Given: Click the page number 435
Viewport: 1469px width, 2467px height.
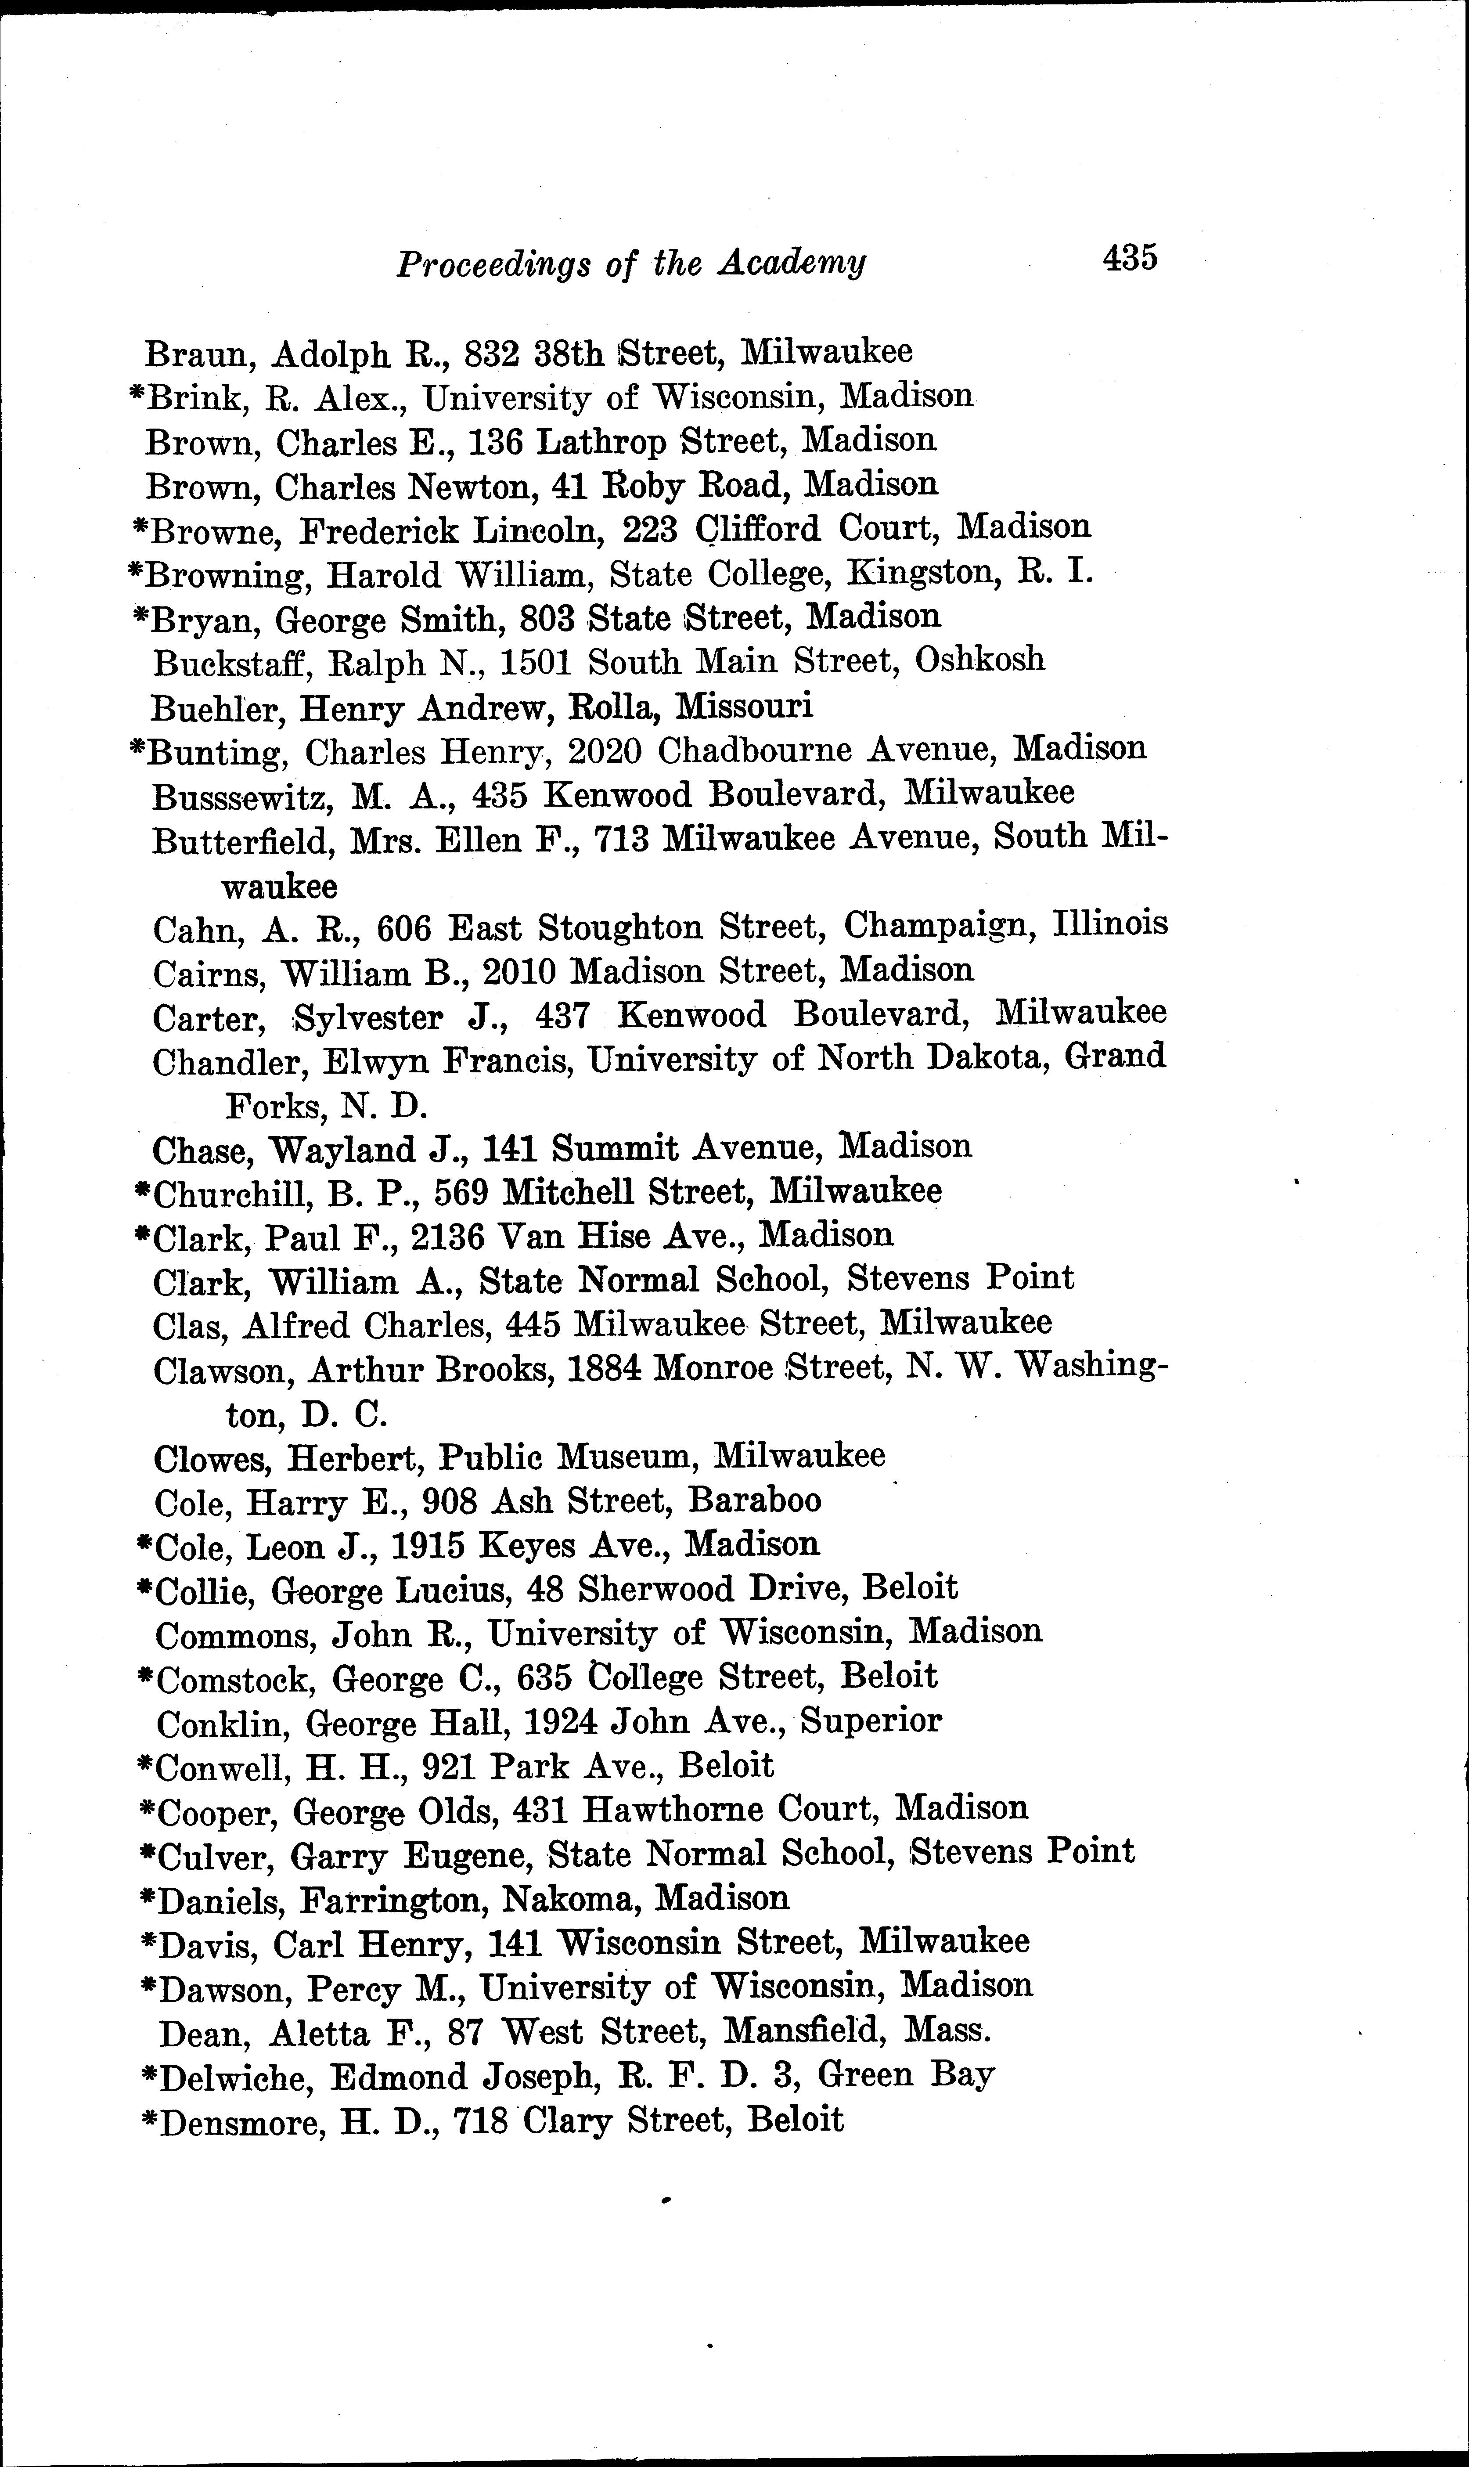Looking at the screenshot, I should pyautogui.click(x=1130, y=258).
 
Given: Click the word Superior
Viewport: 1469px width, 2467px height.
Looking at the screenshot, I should pyautogui.click(x=871, y=1720).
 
